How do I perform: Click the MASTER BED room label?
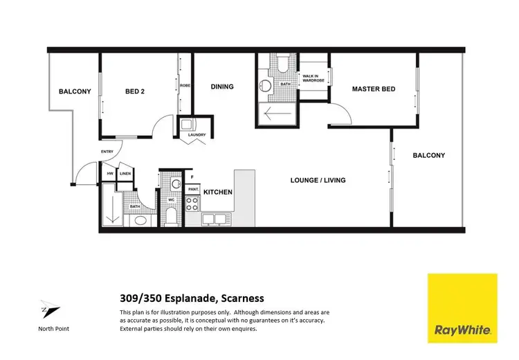point(374,89)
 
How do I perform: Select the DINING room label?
point(222,87)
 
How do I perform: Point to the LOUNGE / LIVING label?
point(318,180)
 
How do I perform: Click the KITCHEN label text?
point(217,192)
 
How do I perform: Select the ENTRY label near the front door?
point(107,152)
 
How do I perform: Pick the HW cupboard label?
point(110,174)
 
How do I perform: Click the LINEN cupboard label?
point(125,174)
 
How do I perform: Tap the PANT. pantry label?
point(192,188)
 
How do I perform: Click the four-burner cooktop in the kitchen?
point(192,204)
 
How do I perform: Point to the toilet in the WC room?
point(175,186)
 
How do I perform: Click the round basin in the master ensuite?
point(264,87)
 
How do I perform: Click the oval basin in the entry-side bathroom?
point(139,222)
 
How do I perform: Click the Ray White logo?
point(462,308)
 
